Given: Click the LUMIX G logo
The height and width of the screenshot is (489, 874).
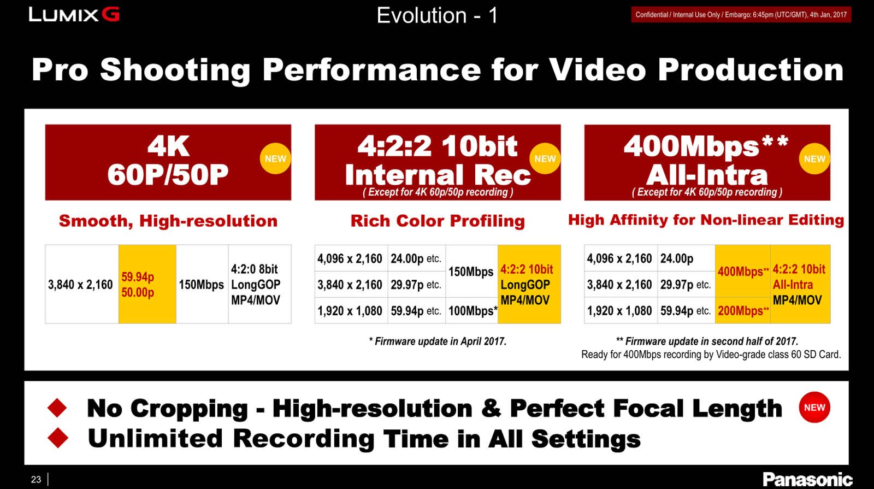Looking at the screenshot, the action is point(74,15).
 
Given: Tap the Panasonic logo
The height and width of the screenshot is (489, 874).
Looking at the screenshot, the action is point(807,479).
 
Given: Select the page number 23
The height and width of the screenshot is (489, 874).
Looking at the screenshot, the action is point(36,480).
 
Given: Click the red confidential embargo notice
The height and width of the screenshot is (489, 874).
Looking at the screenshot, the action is point(741,15).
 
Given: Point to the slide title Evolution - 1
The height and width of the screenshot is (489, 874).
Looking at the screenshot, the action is point(437,16).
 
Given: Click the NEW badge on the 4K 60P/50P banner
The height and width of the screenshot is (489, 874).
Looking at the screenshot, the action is point(275,158).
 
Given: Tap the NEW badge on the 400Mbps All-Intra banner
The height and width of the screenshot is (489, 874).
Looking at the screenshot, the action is point(814,158).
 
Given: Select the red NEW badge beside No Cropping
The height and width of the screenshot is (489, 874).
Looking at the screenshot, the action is point(814,407).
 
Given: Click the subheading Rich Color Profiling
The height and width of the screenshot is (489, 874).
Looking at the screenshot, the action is point(438,221).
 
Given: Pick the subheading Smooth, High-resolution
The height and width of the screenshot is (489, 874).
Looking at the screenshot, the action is point(168,221).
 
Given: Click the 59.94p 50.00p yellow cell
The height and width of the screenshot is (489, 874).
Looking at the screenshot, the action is point(147,284).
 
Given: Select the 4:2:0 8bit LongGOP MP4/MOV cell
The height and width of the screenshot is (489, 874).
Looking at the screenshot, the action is point(259,284).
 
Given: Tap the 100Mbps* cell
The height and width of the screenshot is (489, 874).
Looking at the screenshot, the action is point(472,311).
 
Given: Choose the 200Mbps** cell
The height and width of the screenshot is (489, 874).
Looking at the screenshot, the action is point(742,311).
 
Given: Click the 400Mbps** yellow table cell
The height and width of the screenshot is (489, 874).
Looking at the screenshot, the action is point(742,271).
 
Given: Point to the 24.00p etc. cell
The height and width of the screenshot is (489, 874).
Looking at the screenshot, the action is point(416,258).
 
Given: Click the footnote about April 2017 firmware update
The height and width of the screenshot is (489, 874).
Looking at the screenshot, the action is point(438,341).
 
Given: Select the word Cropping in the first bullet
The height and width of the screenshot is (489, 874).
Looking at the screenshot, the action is point(189,409).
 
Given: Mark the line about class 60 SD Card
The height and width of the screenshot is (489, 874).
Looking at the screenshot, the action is point(711,355).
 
